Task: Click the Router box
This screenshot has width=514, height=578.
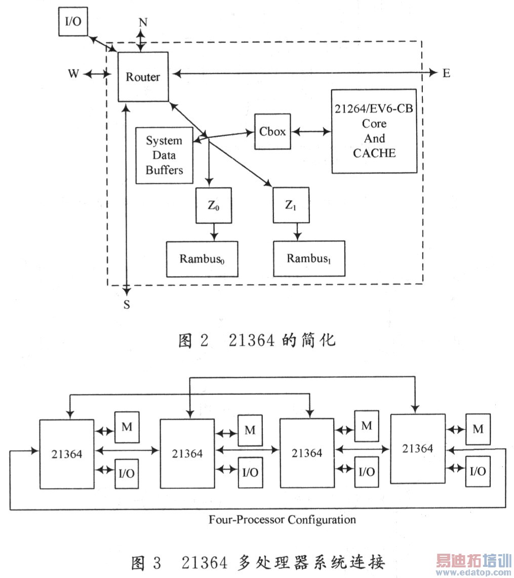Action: pos(143,77)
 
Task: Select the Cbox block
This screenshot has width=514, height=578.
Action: pos(272,131)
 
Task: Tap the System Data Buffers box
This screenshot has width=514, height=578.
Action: pos(165,155)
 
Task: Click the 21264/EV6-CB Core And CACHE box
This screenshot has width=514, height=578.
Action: pos(374,131)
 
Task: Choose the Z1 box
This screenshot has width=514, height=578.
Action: pos(291,205)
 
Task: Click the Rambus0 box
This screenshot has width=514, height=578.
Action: pos(202,259)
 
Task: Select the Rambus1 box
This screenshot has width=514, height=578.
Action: pos(309,258)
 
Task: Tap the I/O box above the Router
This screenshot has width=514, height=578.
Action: pos(72,22)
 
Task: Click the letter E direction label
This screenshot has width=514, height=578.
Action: pos(446,73)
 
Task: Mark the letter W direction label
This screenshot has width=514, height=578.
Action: pos(74,74)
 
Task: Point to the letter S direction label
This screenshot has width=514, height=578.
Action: pos(127,304)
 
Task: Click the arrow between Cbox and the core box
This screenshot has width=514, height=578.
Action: pos(311,131)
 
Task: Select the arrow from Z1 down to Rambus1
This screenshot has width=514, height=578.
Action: pos(298,232)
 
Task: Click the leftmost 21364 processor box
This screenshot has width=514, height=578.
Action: pos(67,454)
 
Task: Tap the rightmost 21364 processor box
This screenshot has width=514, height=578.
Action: pos(418,448)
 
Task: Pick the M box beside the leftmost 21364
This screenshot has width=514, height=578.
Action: pos(127,427)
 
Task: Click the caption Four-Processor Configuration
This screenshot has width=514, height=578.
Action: pos(282,519)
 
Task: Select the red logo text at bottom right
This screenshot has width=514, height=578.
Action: pos(474,561)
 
